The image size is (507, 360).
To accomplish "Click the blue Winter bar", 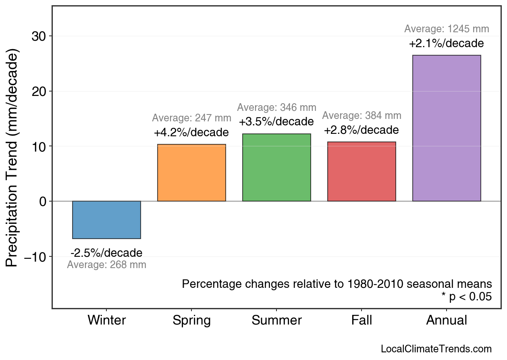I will tap(106, 220).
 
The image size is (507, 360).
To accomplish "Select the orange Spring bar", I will tap(191, 173).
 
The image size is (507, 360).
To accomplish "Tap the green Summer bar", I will tap(276, 167).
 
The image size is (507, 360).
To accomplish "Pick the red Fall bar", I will tap(362, 171).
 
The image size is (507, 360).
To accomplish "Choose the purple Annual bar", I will tap(447, 128).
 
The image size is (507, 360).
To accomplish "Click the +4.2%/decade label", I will tap(191, 133).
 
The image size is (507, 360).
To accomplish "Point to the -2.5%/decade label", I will tap(106, 253).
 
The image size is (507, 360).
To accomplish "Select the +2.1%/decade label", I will tap(447, 44).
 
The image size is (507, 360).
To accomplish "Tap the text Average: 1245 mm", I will tap(447, 29).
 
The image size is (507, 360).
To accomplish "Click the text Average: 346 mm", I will tap(276, 108).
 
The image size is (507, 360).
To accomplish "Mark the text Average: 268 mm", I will tap(106, 265).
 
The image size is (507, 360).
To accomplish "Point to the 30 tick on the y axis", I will tap(39, 36).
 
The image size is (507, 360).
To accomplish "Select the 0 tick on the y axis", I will tap(43, 201).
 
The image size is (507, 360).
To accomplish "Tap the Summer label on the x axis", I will tap(276, 320).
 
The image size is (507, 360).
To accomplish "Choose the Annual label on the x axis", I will tap(447, 320).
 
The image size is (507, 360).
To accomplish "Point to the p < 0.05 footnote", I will tap(466, 297).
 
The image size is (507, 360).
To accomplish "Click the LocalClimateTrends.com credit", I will tap(436, 349).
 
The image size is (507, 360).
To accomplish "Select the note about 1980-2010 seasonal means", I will tap(337, 284).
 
